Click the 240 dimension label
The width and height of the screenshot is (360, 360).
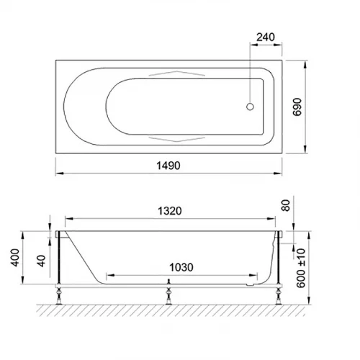[x=266, y=37]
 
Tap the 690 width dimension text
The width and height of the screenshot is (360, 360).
[x=297, y=107]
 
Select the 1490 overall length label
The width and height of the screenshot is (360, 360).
[x=168, y=166]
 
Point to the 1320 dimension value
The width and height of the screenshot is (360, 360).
[x=170, y=211]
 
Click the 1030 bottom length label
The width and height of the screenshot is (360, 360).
[x=181, y=267]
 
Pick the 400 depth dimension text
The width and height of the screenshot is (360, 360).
[x=15, y=258]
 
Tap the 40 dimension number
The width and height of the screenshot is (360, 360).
[x=41, y=261]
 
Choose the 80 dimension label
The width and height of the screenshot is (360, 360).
[x=286, y=205]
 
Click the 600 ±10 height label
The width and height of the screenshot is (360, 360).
[x=301, y=268]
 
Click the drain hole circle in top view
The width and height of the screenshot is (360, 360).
[x=250, y=107]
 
